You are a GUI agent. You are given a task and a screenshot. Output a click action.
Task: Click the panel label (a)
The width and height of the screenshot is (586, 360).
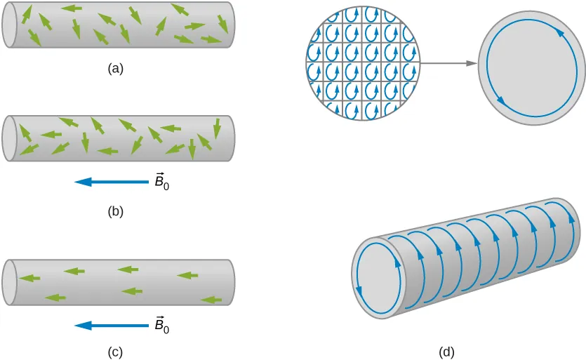[115, 69]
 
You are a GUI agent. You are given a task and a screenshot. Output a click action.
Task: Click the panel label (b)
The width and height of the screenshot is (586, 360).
[115, 211]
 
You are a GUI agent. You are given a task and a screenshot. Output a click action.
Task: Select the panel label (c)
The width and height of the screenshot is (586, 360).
[115, 353]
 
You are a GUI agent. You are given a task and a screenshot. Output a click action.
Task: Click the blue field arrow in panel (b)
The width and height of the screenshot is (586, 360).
[109, 182]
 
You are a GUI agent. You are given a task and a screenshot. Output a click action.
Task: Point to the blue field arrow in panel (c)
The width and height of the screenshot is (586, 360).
[109, 325]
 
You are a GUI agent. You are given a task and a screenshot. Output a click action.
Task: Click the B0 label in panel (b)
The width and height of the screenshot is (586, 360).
[161, 181]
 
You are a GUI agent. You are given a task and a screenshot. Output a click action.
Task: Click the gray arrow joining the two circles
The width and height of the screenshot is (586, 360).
[449, 64]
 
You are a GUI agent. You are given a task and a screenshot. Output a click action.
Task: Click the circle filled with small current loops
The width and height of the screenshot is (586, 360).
[363, 63]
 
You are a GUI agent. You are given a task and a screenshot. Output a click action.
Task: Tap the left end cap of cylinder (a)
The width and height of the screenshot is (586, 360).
[9, 26]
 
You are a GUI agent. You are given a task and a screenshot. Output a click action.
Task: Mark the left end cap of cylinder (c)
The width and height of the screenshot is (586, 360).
[8, 282]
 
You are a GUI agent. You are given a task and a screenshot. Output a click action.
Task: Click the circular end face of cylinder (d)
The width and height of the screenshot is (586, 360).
[380, 276]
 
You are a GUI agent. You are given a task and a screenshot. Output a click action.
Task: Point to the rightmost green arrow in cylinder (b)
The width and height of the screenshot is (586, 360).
[216, 127]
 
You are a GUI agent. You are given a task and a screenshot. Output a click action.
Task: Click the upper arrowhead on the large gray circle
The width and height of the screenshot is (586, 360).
[559, 32]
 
